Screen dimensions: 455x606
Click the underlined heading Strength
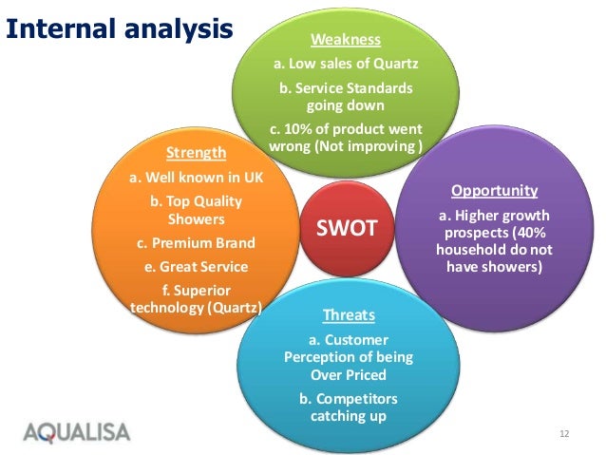point(197,153)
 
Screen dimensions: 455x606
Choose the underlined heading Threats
point(349,315)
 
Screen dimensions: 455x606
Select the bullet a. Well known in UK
point(197,178)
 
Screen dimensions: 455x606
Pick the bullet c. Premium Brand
point(197,243)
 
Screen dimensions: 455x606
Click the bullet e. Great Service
point(197,267)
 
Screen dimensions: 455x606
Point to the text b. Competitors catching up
point(349,408)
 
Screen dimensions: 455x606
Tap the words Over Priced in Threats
point(349,374)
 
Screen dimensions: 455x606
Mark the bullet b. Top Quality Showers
point(197,210)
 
